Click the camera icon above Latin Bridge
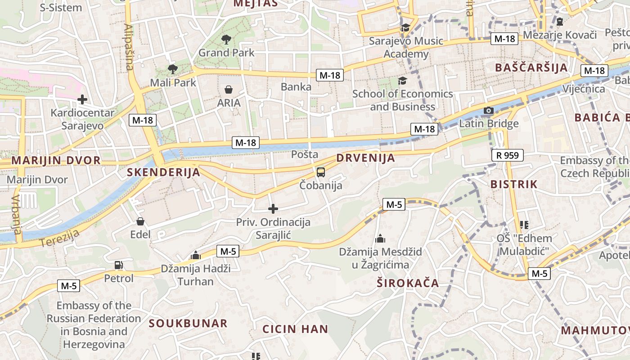click(488, 110)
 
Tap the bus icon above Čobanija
click(320, 172)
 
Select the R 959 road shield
click(508, 156)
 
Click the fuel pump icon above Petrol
click(118, 265)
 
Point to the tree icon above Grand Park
click(226, 40)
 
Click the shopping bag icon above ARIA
click(229, 90)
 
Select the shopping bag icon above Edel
click(140, 221)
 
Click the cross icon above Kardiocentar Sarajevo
click(82, 99)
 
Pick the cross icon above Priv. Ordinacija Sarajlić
click(273, 209)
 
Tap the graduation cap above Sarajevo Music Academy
click(405, 28)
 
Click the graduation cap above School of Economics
click(402, 81)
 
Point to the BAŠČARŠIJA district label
click(531, 68)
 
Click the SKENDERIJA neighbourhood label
click(163, 172)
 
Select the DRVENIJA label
click(365, 158)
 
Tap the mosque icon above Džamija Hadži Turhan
click(195, 255)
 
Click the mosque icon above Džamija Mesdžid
click(380, 238)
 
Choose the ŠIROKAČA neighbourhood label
click(408, 283)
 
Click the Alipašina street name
click(129, 48)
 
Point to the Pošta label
click(305, 154)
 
